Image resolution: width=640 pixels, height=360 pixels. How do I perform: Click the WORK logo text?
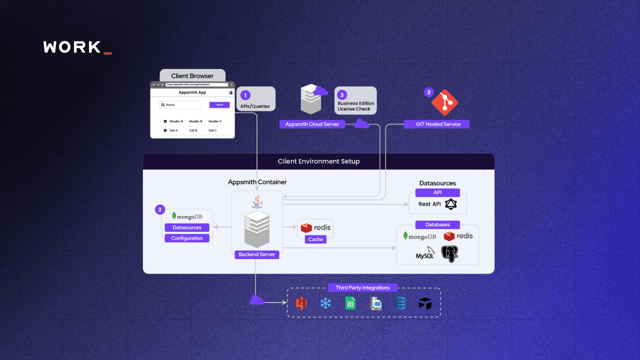click(72, 47)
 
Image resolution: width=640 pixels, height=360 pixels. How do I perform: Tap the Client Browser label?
click(192, 76)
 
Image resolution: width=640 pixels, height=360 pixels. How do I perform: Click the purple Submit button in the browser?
click(219, 105)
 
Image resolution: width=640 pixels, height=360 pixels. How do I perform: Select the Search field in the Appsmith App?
click(180, 105)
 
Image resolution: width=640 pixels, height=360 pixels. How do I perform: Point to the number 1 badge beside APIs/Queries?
click(245, 95)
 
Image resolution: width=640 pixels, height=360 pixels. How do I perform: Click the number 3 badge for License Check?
click(342, 95)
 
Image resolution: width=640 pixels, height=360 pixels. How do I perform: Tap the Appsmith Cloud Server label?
click(312, 124)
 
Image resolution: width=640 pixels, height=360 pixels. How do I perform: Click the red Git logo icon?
click(444, 102)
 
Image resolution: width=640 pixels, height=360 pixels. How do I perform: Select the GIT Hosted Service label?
click(438, 124)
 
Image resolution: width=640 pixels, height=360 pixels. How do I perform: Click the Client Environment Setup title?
click(318, 161)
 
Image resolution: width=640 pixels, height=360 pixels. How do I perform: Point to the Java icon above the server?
click(257, 201)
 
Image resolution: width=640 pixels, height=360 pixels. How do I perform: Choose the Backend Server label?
click(256, 254)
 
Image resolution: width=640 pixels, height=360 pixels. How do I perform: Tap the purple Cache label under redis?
click(315, 239)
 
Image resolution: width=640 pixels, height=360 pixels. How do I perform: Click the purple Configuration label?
click(187, 238)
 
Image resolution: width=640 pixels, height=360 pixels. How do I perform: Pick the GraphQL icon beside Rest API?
click(452, 204)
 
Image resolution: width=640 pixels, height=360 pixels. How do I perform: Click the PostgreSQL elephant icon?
click(450, 254)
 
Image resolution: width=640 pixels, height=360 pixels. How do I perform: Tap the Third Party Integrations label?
click(362, 287)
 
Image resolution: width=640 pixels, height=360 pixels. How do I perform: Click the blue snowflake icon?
click(325, 303)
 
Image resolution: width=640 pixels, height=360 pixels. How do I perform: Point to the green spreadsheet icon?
click(350, 303)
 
